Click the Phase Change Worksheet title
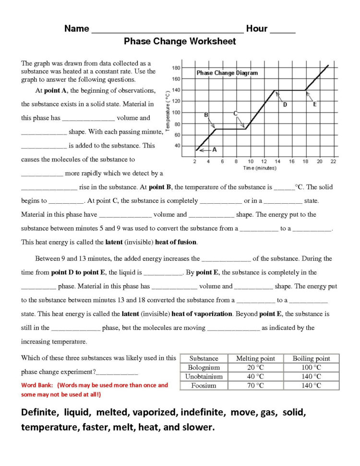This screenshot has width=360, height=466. tap(180, 41)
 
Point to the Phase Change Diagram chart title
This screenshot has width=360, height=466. tap(227, 73)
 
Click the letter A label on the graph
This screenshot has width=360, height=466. tap(215, 150)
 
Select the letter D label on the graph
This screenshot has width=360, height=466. tap(285, 105)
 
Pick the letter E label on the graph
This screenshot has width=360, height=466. tap(314, 105)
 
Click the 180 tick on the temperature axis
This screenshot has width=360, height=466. tap(176, 68)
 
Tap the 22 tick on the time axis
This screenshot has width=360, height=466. tap(333, 161)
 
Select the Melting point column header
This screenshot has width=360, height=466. tap(255, 358)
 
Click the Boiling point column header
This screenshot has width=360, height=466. tap(311, 358)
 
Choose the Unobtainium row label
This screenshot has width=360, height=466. tap(204, 377)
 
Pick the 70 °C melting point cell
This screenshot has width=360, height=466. tap(255, 385)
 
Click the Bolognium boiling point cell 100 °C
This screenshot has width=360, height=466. tap(311, 368)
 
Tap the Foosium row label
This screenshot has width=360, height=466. tap(204, 385)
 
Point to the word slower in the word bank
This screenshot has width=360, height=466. tap(195, 427)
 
